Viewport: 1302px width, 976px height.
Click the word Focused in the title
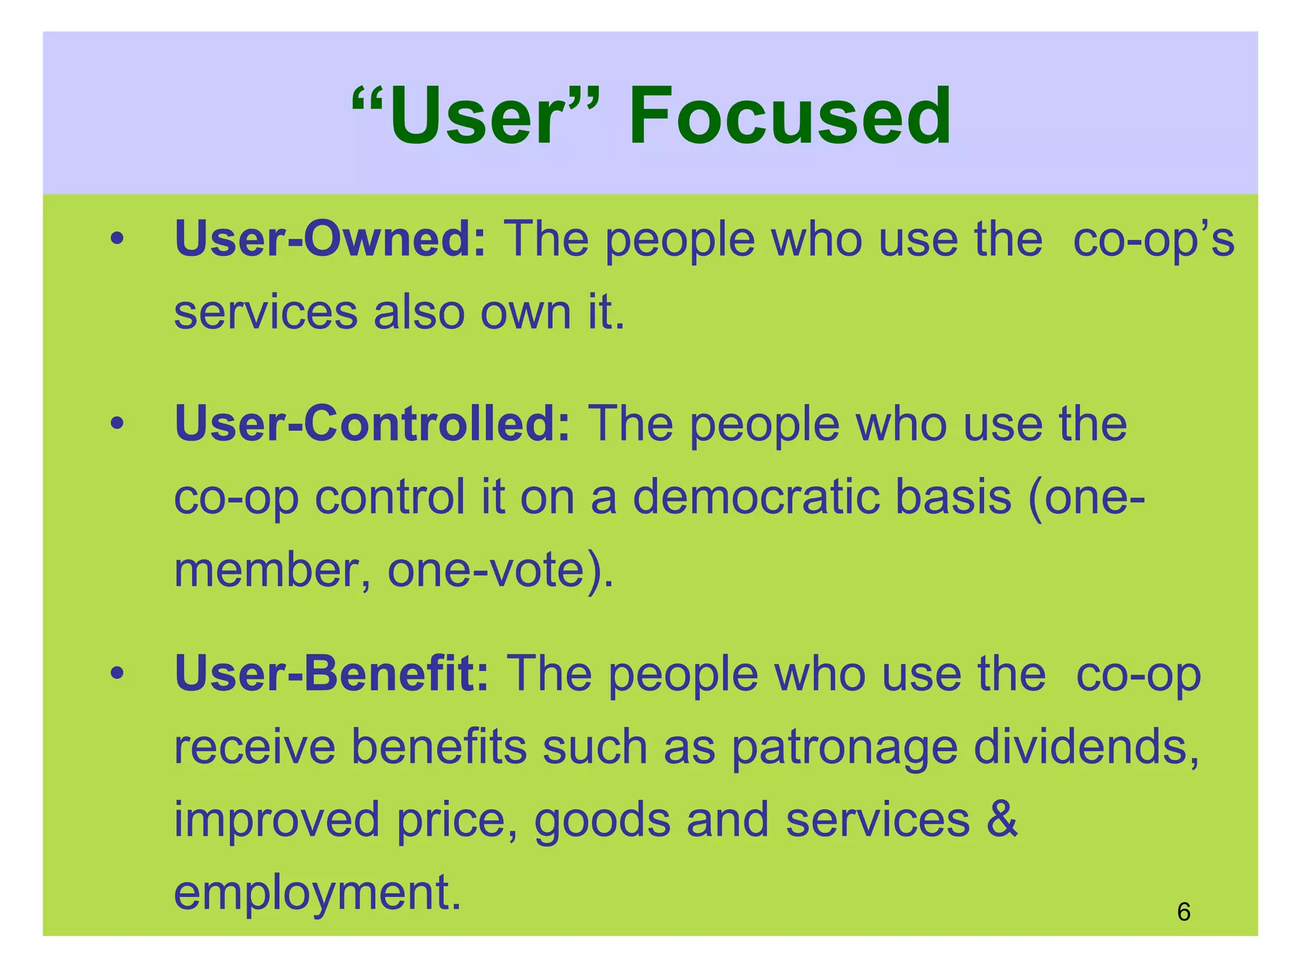tap(790, 117)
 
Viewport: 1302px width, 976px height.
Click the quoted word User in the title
tap(476, 117)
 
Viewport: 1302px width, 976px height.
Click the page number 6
tap(1183, 912)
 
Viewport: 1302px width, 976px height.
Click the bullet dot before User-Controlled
tap(116, 424)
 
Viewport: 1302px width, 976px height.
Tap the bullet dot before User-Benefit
tap(116, 674)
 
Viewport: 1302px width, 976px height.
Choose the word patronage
tap(844, 748)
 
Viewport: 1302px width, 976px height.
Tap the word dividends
tap(1086, 747)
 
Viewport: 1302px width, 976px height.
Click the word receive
tap(254, 747)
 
